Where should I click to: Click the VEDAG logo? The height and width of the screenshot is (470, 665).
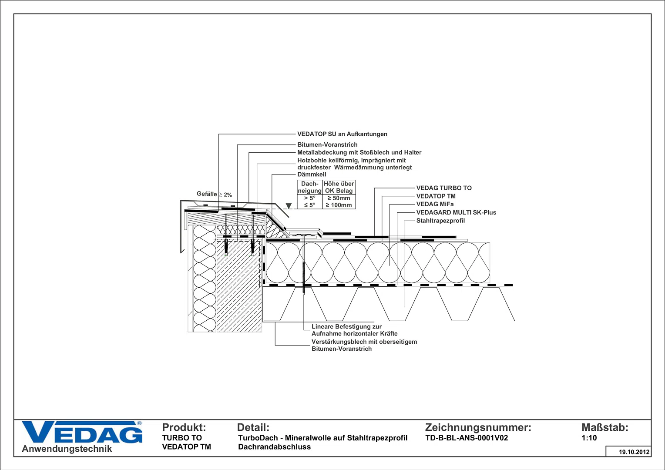coord(82,432)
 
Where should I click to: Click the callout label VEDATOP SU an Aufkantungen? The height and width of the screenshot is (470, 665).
coord(343,134)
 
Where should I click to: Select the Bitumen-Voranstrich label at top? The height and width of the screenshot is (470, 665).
coord(327,145)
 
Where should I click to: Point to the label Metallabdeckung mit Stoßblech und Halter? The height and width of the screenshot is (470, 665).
coord(359,153)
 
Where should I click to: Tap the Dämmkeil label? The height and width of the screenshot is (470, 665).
coord(312,175)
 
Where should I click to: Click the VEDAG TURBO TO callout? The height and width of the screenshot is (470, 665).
coord(444,188)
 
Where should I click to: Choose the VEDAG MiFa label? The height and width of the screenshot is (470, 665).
coord(435,204)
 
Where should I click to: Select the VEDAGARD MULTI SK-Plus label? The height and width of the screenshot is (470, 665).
coord(456,212)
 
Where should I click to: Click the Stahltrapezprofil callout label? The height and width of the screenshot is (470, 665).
coord(440,221)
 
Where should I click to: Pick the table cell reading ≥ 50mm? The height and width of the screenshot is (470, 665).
coord(339,198)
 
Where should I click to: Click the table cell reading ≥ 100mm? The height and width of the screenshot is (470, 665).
coord(339,205)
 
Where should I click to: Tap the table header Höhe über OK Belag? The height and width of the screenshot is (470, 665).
coord(339,187)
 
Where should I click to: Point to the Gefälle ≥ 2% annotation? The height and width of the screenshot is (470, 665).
coord(214,195)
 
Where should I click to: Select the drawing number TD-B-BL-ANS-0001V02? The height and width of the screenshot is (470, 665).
coord(467,438)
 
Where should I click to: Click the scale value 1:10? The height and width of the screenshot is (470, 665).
coord(589,438)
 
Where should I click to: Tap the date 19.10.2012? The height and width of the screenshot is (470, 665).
coord(634,452)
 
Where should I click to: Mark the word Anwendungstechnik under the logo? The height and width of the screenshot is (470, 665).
coord(67,449)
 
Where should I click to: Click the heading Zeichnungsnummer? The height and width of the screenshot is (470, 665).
coord(478,427)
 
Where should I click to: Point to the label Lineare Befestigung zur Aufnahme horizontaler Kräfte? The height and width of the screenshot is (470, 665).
coord(354,330)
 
